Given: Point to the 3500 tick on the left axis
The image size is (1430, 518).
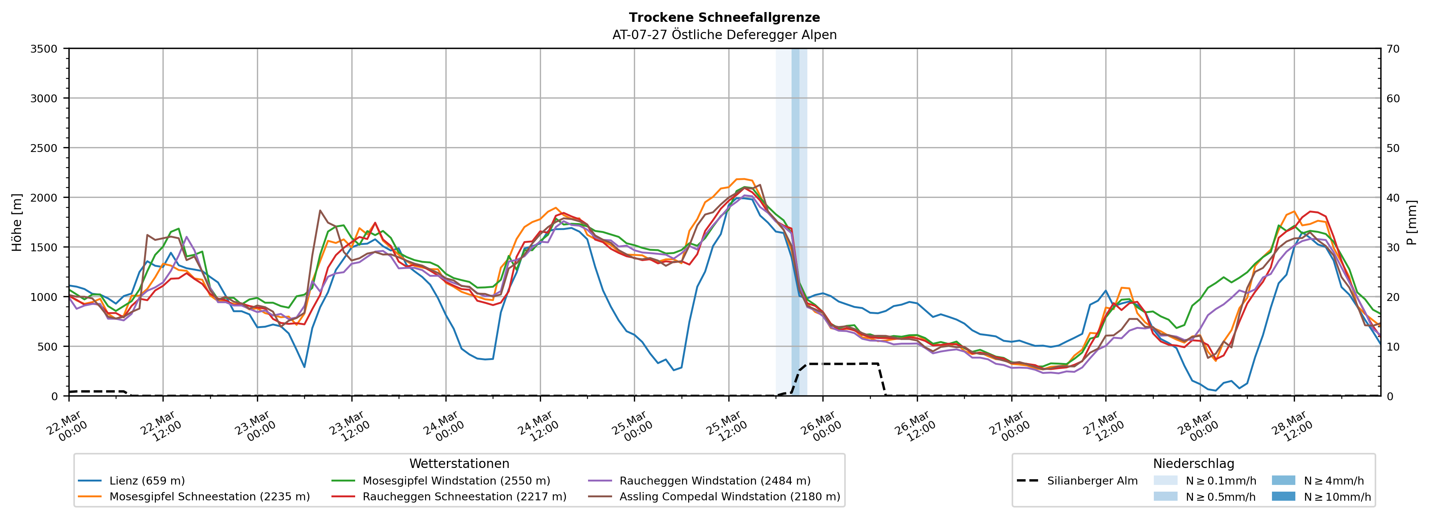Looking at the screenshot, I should [x=44, y=49].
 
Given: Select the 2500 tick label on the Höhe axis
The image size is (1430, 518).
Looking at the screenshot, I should [x=44, y=148].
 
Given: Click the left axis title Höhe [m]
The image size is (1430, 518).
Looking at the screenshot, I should [x=17, y=222].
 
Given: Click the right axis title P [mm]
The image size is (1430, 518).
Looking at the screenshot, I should [x=1412, y=222].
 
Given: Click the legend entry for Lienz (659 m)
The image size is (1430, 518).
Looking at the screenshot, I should [x=147, y=481].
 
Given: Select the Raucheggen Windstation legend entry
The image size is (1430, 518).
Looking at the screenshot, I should [x=714, y=481].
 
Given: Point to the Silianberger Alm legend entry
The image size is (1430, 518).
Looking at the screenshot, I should [x=1092, y=481].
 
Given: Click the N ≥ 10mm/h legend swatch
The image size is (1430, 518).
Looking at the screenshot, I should [x=1283, y=496].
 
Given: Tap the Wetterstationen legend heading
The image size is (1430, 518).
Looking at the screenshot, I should [x=459, y=463].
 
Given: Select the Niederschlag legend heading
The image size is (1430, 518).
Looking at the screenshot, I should [x=1193, y=463].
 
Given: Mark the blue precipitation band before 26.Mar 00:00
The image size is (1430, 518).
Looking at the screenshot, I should [x=795, y=222].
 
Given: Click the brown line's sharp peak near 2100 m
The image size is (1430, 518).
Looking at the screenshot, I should [x=760, y=185].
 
